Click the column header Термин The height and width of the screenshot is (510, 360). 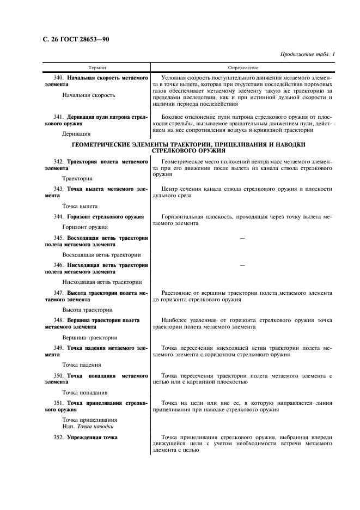pyautogui.click(x=97, y=68)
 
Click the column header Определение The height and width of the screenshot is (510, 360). pyautogui.click(x=242, y=68)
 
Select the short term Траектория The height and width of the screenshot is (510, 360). pyautogui.click(x=77, y=178)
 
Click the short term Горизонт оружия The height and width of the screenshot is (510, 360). pyautogui.click(x=85, y=227)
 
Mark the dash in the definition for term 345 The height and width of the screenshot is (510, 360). pyautogui.click(x=242, y=239)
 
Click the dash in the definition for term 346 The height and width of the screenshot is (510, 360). pyautogui.click(x=242, y=265)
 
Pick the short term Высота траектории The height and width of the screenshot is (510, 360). pyautogui.click(x=87, y=309)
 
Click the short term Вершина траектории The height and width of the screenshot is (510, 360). pyautogui.click(x=89, y=337)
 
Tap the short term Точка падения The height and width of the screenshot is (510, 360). pyautogui.click(x=82, y=365)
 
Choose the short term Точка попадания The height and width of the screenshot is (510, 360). pyautogui.click(x=85, y=392)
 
